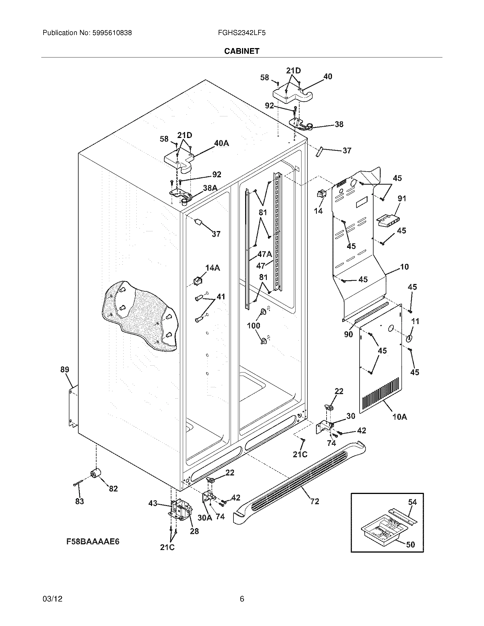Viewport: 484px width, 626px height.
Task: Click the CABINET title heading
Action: [241, 51]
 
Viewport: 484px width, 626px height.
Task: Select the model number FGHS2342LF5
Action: [241, 33]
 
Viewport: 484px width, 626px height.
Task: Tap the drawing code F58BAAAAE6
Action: [93, 541]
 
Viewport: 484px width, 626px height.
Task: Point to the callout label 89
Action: [65, 369]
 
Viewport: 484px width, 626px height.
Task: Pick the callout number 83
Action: [79, 501]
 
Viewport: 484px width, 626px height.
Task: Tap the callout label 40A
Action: [222, 143]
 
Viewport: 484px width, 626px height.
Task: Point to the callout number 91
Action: [402, 198]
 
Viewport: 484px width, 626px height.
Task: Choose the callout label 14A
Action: [212, 268]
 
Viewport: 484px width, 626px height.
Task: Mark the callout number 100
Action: [253, 325]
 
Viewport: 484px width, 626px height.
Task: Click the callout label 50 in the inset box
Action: [411, 544]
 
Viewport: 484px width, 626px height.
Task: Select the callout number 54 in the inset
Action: [412, 502]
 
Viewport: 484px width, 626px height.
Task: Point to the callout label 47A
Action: [264, 254]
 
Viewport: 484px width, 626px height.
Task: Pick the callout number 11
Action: [415, 321]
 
